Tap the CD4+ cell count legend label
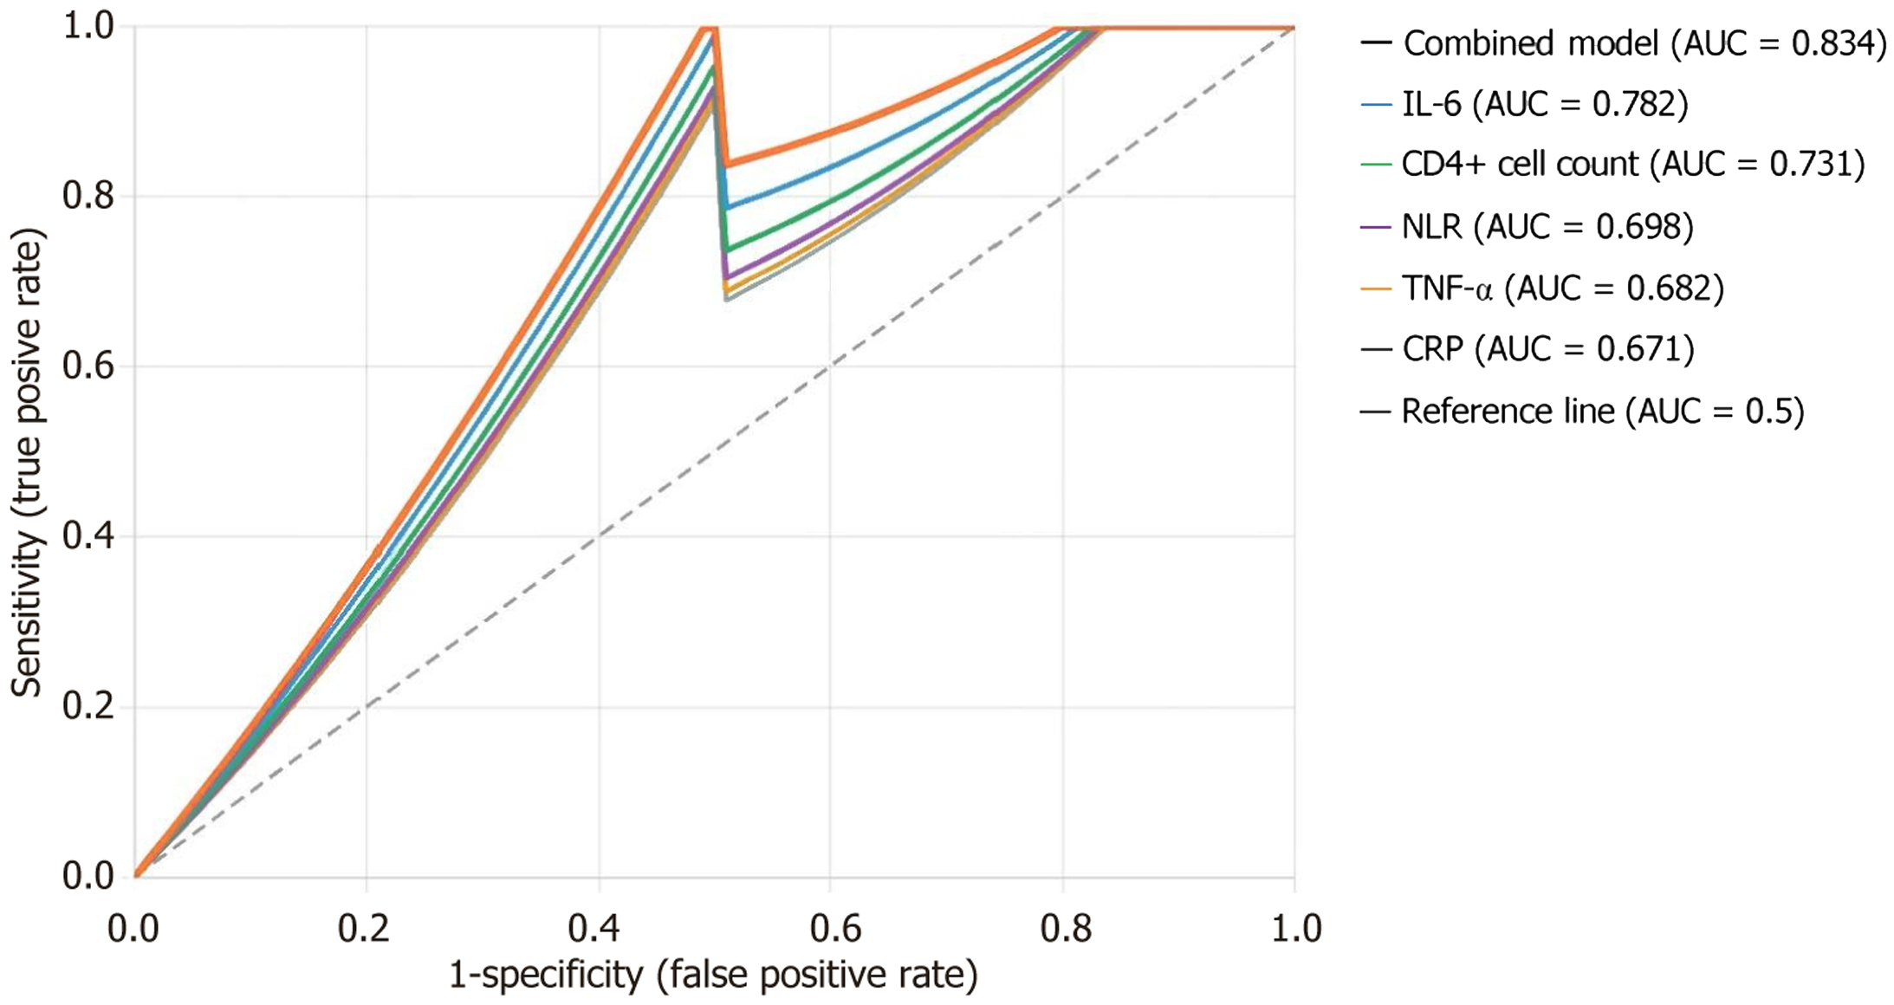pyautogui.click(x=1632, y=164)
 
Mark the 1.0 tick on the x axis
pyautogui.click(x=1294, y=929)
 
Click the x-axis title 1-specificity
pyautogui.click(x=712, y=976)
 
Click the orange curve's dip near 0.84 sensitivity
pyautogui.click(x=727, y=164)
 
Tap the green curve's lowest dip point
pyautogui.click(x=727, y=250)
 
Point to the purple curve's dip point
pyautogui.click(x=726, y=278)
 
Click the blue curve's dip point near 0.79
pyautogui.click(x=726, y=208)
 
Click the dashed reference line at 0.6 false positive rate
pyautogui.click(x=830, y=366)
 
